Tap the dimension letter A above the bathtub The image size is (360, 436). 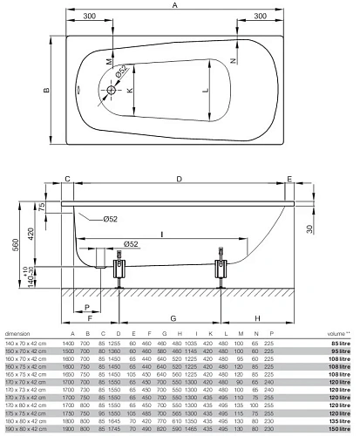175,6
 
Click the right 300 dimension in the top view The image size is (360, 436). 258,16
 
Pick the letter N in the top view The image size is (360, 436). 233,60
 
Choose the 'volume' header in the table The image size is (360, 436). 336,334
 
